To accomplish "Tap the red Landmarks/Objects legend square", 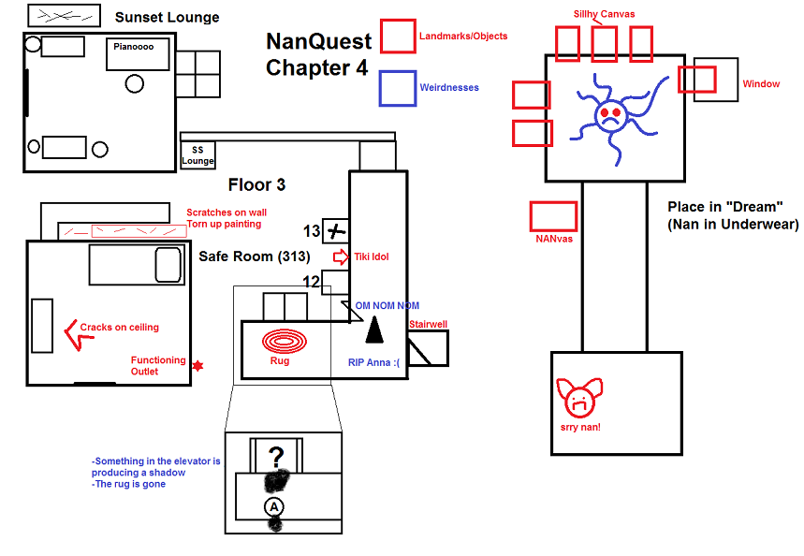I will (398, 37).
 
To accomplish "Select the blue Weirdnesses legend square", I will (398, 88).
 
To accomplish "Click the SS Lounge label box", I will (197, 155).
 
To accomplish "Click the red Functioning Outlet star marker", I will (197, 365).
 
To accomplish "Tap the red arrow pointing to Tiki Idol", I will (341, 256).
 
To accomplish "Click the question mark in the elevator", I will (276, 457).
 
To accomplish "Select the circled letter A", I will (274, 505).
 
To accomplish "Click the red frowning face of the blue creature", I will (610, 117).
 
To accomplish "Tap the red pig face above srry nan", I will (578, 399).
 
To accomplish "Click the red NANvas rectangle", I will (553, 216).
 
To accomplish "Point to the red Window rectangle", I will (697, 80).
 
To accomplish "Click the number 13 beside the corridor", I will (312, 230).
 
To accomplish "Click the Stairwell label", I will (428, 324).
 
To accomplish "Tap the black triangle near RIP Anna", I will (374, 329).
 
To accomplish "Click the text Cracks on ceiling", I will (120, 328).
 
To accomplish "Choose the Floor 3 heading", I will (256, 184).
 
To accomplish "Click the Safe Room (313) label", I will (255, 256).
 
